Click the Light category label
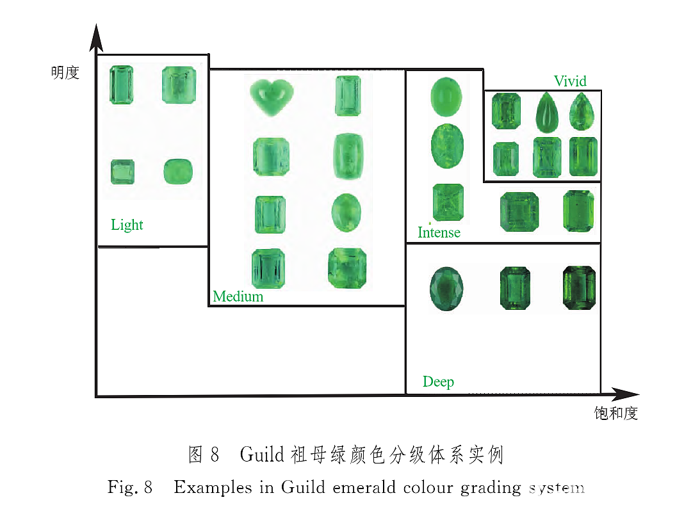tap(127, 225)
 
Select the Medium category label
tap(238, 296)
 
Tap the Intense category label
tap(439, 232)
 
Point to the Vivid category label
tap(570, 81)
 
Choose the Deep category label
tap(439, 382)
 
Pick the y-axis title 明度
tap(65, 72)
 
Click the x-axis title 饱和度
tap(616, 413)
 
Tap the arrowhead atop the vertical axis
tap(97, 38)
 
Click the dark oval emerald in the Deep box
tap(446, 289)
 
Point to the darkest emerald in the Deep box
tap(580, 288)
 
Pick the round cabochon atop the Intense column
tap(446, 97)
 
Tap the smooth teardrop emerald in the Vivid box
tap(547, 113)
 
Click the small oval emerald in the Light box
tap(178, 172)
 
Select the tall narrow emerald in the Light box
tap(121, 85)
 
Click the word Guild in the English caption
tap(303, 487)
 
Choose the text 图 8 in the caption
tap(203, 455)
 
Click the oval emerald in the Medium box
tap(346, 213)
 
